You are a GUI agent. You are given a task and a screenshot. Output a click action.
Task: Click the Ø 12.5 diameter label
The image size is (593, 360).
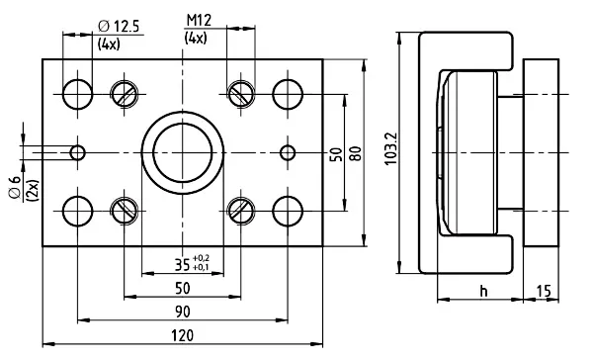(x=119, y=27)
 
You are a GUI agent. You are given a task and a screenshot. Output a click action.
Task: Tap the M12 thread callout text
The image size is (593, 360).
(x=199, y=20)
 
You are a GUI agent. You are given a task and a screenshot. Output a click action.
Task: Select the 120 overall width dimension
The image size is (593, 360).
(x=182, y=335)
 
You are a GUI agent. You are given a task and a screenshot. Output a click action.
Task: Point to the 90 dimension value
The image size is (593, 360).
(x=183, y=312)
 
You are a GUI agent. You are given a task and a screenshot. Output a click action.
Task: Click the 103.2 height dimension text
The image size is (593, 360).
(x=390, y=148)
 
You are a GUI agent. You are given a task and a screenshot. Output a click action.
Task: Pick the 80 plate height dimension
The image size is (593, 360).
(x=356, y=153)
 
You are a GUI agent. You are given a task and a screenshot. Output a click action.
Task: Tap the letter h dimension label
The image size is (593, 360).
(x=483, y=291)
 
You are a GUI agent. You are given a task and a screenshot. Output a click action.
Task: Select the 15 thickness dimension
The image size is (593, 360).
(x=544, y=291)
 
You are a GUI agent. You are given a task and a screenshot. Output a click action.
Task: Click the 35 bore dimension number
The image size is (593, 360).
(x=182, y=265)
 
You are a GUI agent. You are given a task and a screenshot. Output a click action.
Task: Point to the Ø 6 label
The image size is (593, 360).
(x=15, y=187)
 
